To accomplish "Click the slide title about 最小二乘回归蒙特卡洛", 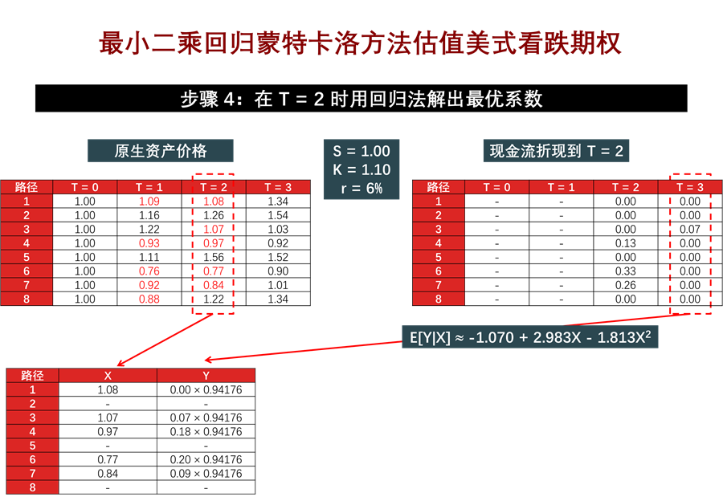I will tap(361, 43).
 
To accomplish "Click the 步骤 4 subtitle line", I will tap(361, 100).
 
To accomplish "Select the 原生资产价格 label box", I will tap(161, 151).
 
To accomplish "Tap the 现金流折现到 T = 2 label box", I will tap(557, 151).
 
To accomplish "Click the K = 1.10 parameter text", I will tap(361, 170).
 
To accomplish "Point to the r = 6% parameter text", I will tap(361, 189).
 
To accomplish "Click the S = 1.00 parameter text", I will tap(361, 151).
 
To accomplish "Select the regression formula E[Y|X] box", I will tap(530, 337).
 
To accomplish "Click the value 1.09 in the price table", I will tap(149, 202).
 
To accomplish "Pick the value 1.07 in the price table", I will tap(214, 230).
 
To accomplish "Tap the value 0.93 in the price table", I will tap(149, 243).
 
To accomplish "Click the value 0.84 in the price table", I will tap(214, 285).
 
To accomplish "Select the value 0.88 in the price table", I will tap(149, 299).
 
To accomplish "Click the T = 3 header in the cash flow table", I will tap(690, 187).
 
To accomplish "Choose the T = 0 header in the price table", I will tap(85, 187).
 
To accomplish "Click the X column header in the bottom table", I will tap(108, 375).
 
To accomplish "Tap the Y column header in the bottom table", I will tap(206, 375).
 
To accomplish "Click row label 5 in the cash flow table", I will tap(439, 257).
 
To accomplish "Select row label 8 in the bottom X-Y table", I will tap(33, 487).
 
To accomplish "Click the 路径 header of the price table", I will tap(27, 187).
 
